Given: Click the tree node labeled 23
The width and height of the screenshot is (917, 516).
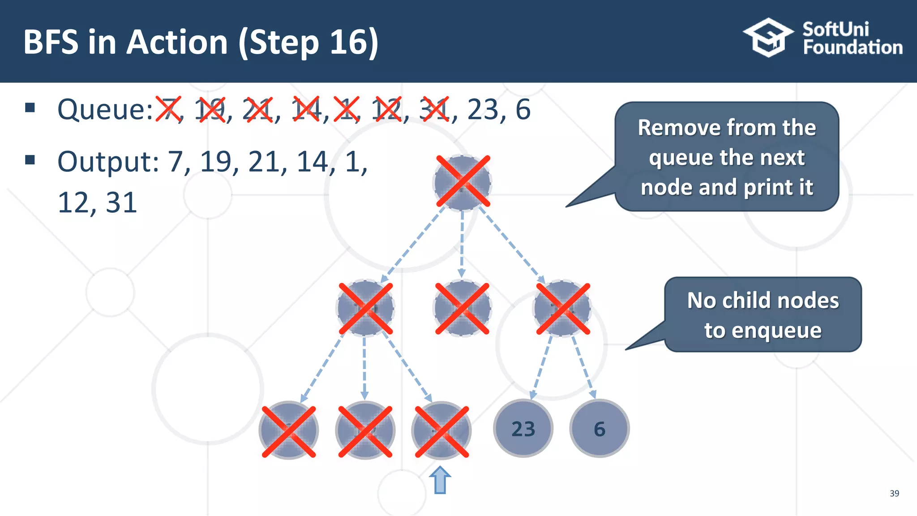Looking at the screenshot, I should coord(523,429).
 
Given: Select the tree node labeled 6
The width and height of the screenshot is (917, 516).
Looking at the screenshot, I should coord(599,429).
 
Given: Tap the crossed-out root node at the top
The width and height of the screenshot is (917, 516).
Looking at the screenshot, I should coord(463,182).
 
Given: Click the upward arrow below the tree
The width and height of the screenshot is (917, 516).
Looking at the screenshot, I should coord(440,480).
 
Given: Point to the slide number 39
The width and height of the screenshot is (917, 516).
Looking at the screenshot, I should coord(894,493).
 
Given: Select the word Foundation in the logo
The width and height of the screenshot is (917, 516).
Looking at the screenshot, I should coord(853,47).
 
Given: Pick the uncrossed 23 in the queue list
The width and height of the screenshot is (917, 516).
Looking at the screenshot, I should coord(483,110).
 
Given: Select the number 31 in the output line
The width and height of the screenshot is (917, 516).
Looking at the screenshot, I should coord(121,203).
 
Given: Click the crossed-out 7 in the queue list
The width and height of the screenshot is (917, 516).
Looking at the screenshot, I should coord(168,109).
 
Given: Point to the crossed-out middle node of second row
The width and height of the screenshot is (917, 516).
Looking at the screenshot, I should coord(463,308).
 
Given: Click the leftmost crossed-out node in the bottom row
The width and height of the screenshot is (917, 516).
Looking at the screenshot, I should coord(289,431).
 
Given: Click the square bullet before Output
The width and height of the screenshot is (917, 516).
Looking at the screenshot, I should coord(30,160).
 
